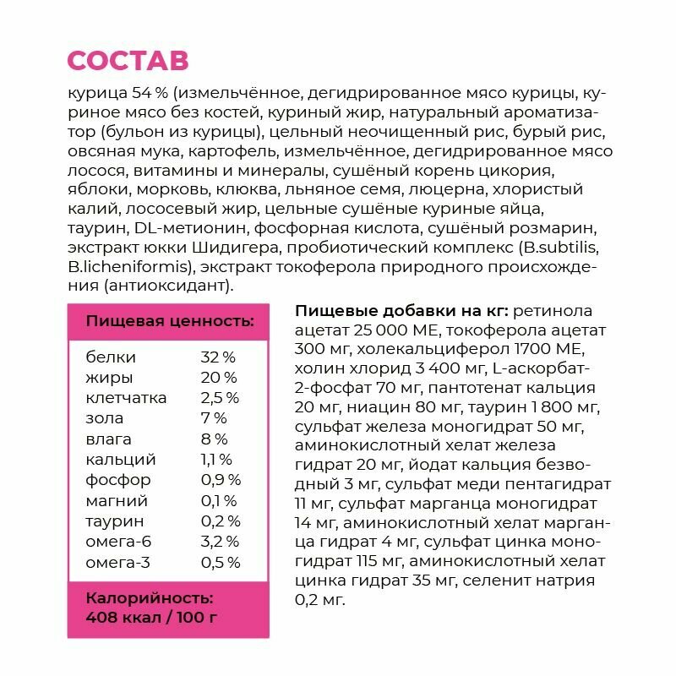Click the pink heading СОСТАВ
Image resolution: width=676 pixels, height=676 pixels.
click(128, 61)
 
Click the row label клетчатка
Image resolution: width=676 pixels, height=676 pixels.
click(127, 398)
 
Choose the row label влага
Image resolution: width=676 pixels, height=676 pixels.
click(109, 439)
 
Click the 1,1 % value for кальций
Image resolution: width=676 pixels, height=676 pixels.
click(216, 460)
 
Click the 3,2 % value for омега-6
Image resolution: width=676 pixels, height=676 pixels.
click(221, 542)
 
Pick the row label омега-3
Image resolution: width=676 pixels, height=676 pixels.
click(121, 562)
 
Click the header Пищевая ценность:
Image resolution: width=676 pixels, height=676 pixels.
click(170, 321)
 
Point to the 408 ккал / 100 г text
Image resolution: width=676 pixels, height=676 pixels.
click(152, 617)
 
